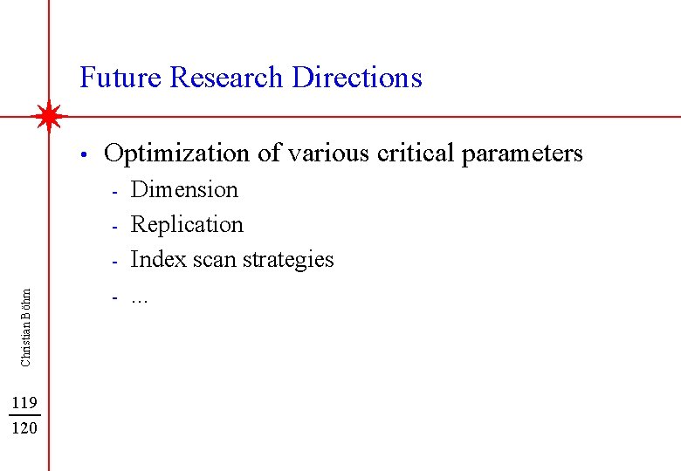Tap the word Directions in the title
[x=357, y=78]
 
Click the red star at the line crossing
[x=50, y=116]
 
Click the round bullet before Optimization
[x=81, y=156]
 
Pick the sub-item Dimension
[x=184, y=189]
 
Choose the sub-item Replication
[x=187, y=225]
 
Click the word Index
[x=151, y=259]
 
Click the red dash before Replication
[x=113, y=226]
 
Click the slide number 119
[x=24, y=402]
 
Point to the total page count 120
[x=24, y=427]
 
